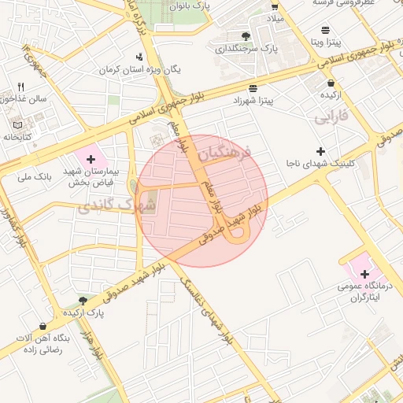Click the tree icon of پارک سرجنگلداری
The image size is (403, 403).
[246, 36]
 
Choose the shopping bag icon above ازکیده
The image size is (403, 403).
[331, 83]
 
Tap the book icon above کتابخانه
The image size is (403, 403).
[18, 124]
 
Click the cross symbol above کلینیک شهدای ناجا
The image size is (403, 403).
[320, 151]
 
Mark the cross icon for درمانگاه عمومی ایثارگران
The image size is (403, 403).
[364, 273]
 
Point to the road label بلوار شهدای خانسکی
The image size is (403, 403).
[205, 310]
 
